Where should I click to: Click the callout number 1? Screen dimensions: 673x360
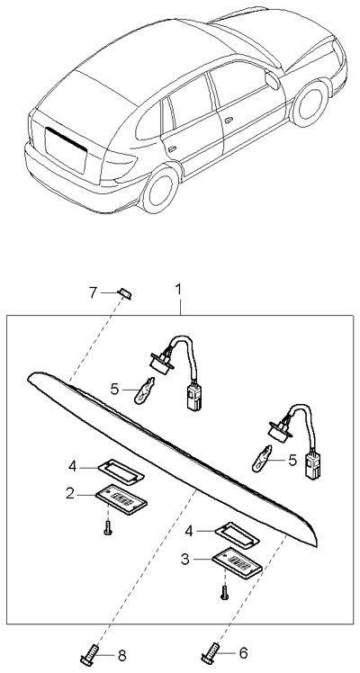[178, 290]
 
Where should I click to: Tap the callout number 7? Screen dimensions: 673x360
[93, 292]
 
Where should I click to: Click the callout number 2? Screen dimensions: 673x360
[67, 492]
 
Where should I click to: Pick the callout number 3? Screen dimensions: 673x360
[184, 559]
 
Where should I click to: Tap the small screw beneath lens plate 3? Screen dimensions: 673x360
[223, 591]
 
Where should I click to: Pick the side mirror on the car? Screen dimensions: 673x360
[271, 79]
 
